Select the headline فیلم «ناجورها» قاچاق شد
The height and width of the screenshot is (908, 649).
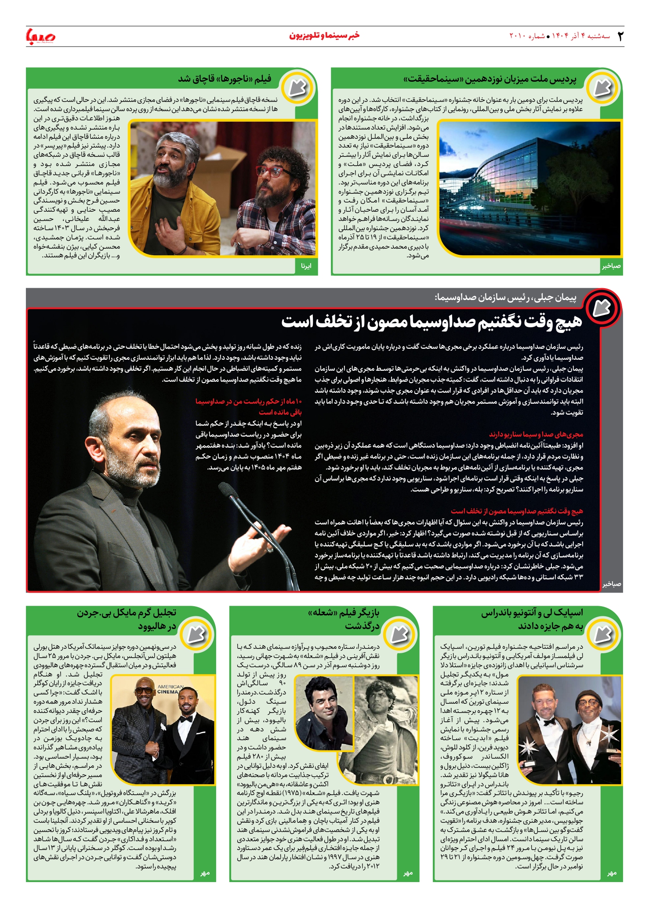[225, 79]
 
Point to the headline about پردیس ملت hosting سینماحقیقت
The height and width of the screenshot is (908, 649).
[490, 79]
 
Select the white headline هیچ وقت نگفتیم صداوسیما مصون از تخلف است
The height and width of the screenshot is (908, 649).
[431, 322]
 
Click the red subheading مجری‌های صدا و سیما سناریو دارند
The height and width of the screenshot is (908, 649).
[536, 434]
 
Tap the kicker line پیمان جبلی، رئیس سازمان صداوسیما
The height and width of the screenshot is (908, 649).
[505, 298]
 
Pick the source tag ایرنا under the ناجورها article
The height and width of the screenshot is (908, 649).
[306, 266]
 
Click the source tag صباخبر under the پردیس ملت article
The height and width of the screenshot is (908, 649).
[611, 266]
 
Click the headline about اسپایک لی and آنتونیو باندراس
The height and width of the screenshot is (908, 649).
[532, 619]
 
